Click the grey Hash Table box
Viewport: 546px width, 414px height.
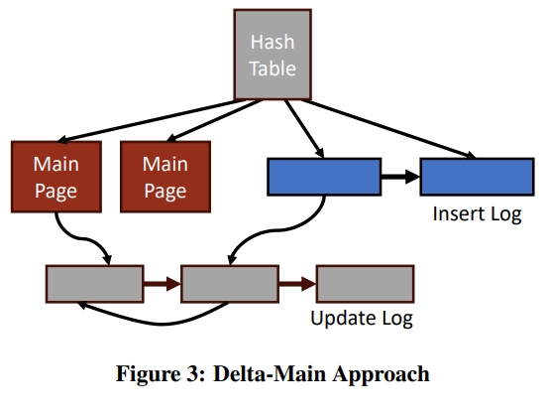pyautogui.click(x=273, y=55)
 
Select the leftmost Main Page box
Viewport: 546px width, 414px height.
pyautogui.click(x=56, y=177)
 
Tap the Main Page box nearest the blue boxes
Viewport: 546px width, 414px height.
pyautogui.click(x=165, y=177)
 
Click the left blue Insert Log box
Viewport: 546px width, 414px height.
pyautogui.click(x=324, y=177)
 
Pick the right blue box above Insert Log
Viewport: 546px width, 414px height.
pyautogui.click(x=477, y=177)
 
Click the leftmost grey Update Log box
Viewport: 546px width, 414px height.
pyautogui.click(x=95, y=284)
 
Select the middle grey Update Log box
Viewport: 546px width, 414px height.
pyautogui.click(x=230, y=284)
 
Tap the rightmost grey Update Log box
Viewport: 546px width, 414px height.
pyautogui.click(x=366, y=284)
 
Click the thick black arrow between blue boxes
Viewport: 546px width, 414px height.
pyautogui.click(x=400, y=177)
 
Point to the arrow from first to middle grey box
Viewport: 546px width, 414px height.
pyautogui.click(x=163, y=284)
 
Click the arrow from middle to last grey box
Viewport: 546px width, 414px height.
pyautogui.click(x=297, y=284)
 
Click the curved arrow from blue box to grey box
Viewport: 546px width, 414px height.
pyautogui.click(x=278, y=230)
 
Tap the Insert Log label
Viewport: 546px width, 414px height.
pyautogui.click(x=477, y=213)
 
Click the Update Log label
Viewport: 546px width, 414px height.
pyautogui.click(x=362, y=318)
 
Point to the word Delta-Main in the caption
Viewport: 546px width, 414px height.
pyautogui.click(x=270, y=374)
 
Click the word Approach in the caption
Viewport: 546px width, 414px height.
pyautogui.click(x=381, y=375)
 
